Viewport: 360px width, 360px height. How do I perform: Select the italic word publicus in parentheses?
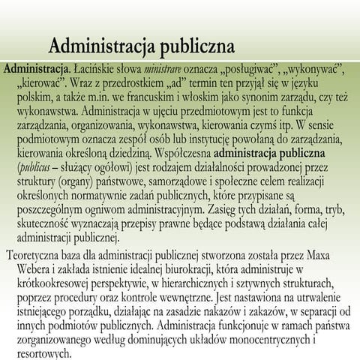pyautogui.click(x=30, y=169)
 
